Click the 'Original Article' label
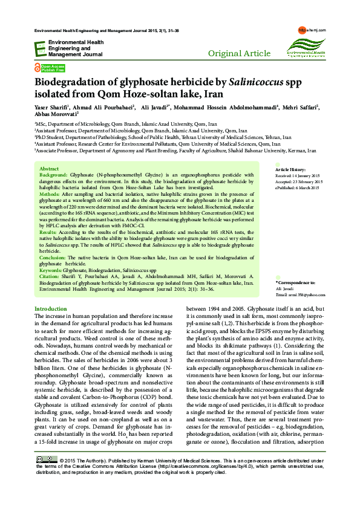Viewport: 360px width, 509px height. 239,54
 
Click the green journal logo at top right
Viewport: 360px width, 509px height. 305,44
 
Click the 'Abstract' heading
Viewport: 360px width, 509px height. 48,151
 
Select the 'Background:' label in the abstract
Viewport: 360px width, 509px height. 54,157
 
